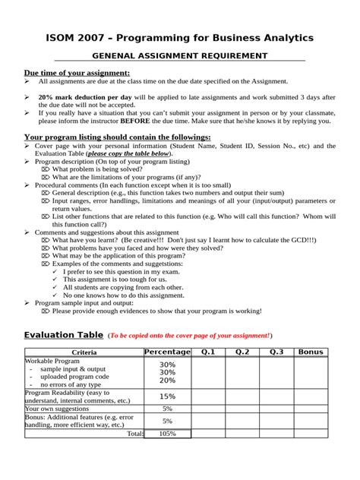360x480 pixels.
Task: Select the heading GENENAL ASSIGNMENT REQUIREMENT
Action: [x=179, y=56]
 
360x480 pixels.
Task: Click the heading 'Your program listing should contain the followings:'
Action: [x=118, y=137]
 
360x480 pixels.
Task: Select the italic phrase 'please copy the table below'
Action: [x=128, y=153]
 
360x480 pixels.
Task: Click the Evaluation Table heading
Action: [x=64, y=335]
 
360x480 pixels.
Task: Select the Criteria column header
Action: [x=84, y=352]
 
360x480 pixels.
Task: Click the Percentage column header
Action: [x=167, y=352]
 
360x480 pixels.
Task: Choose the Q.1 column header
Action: [x=208, y=352]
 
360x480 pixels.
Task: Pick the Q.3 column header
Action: [x=276, y=352]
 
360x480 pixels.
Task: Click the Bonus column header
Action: [x=311, y=352]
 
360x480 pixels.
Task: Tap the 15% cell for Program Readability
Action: [x=167, y=396]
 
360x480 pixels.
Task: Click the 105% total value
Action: [x=167, y=434]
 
